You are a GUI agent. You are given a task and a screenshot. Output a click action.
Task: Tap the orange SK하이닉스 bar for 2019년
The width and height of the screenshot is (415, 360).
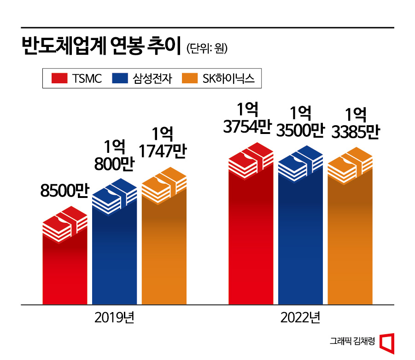[164, 249]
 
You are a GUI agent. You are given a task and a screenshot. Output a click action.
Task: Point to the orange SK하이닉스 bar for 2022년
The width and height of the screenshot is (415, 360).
[350, 239]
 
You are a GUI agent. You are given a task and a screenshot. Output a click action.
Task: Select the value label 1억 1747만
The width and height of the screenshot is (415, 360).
[163, 144]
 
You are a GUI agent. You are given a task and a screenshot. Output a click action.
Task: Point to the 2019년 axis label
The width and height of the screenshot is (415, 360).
[114, 318]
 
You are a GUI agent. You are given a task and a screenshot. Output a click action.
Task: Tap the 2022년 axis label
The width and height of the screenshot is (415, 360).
[301, 318]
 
